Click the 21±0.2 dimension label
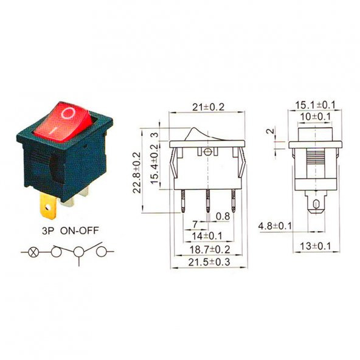(207, 107)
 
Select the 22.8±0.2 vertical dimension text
(137, 172)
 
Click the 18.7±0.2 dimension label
(208, 249)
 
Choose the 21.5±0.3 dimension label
(208, 262)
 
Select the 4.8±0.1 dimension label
(275, 226)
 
